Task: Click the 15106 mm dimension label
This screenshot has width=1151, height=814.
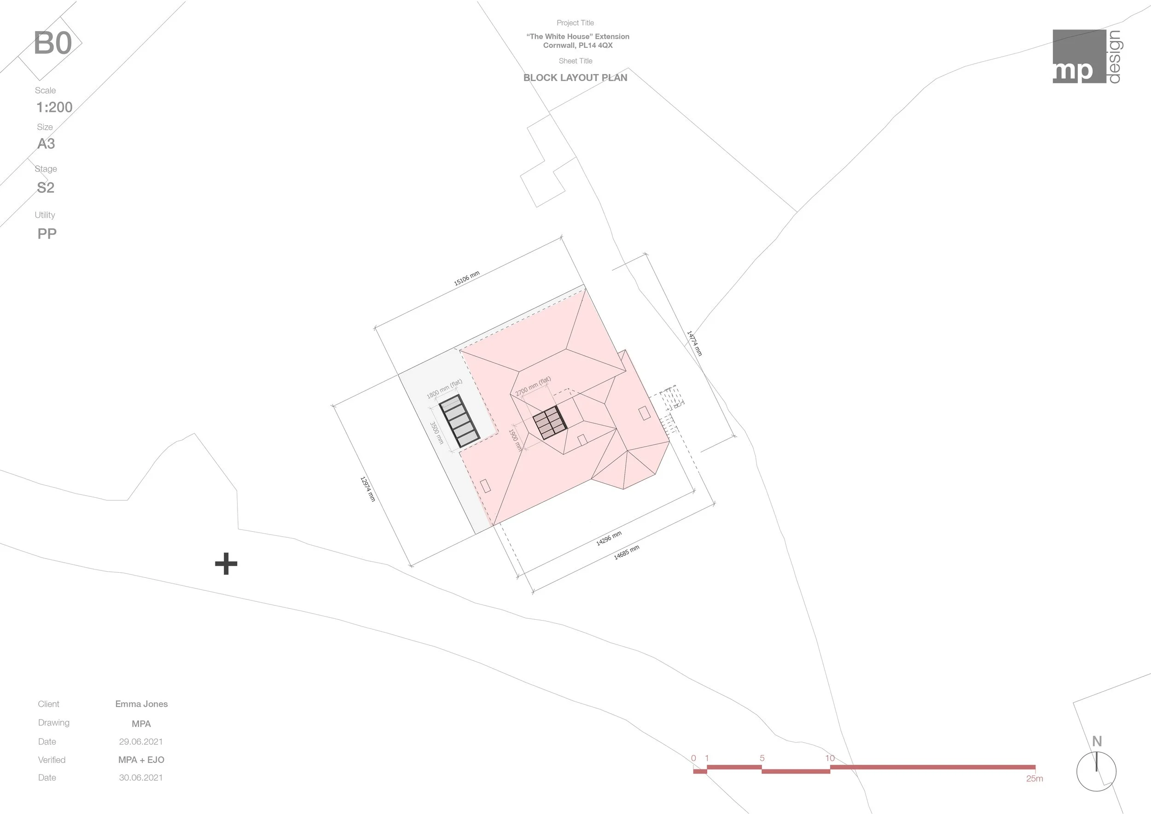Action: click(467, 278)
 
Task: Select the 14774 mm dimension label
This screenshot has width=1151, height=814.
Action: click(694, 343)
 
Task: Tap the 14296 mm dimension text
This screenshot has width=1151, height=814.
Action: click(609, 538)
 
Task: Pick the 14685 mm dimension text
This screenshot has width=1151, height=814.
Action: click(627, 552)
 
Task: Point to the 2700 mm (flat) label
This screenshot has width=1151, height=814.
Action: click(533, 385)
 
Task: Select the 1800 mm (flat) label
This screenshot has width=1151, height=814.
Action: click(444, 389)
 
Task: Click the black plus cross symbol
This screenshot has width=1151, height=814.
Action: click(226, 564)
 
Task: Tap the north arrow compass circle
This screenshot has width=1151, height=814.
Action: click(1096, 771)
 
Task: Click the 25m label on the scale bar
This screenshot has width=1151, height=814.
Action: click(1034, 779)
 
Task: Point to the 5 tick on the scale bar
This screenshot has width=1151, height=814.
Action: click(762, 758)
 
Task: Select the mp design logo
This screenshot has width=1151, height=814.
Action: click(1087, 56)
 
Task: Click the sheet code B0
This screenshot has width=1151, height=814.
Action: click(52, 43)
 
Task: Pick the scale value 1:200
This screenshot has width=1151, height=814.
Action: click(54, 107)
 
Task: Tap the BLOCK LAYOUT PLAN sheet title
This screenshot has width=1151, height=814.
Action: click(575, 78)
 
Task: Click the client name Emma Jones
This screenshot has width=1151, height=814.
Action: click(141, 704)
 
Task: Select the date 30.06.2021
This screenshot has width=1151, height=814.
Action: click(141, 778)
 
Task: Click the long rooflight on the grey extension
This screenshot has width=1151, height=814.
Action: click(459, 421)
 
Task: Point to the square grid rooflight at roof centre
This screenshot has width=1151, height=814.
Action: click(549, 423)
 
